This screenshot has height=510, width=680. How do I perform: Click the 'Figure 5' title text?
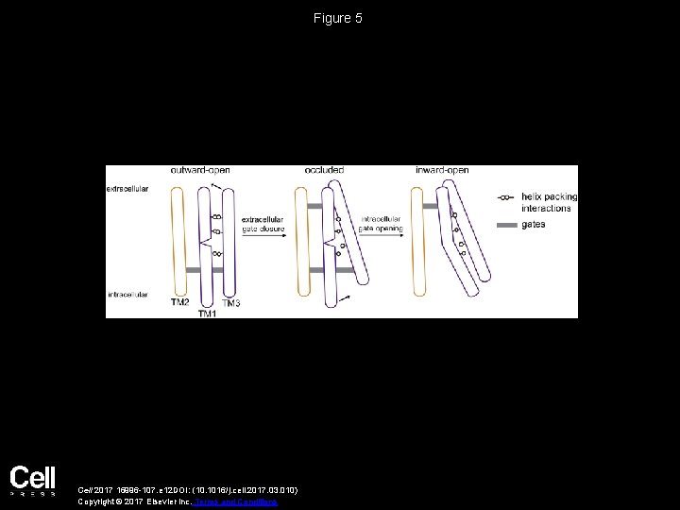click(x=339, y=18)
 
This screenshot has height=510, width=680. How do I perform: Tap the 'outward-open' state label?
click(x=200, y=170)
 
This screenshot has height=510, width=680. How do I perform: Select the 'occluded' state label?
click(x=324, y=170)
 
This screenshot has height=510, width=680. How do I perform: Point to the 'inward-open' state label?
click(x=442, y=170)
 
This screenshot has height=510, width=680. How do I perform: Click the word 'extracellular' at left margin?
click(x=127, y=189)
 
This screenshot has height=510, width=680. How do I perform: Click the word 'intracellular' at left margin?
click(x=127, y=295)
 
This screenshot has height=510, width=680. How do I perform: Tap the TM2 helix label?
click(x=179, y=303)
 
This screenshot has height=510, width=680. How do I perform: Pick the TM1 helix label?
click(x=208, y=314)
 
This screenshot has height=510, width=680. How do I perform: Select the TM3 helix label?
click(x=232, y=303)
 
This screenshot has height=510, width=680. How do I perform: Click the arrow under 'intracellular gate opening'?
click(x=381, y=236)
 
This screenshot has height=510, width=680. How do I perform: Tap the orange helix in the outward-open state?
click(x=178, y=241)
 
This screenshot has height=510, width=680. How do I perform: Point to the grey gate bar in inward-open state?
click(x=430, y=205)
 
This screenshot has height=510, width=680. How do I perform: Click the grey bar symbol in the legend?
click(x=506, y=226)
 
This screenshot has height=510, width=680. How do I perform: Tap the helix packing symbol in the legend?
click(x=506, y=197)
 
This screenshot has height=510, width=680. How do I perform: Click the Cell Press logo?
click(x=33, y=481)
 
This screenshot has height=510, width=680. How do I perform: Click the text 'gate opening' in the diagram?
click(x=382, y=229)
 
